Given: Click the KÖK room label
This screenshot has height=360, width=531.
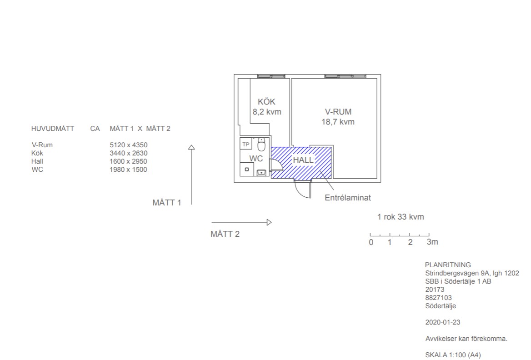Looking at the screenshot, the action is [x=266, y=102].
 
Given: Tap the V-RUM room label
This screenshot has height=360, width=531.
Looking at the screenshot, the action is [x=338, y=112].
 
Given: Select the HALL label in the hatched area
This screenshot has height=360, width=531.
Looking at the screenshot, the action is [x=303, y=160].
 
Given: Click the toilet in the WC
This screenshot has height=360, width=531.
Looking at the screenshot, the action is [x=261, y=144].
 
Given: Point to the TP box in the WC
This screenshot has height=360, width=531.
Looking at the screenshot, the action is [x=246, y=144].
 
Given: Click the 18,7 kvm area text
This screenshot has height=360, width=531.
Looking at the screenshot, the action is [x=338, y=122].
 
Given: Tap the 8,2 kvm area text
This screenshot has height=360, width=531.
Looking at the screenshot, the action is [x=267, y=112].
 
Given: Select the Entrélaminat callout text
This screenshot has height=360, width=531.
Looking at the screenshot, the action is [x=348, y=198].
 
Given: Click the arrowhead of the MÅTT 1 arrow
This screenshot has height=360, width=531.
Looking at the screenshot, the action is [x=191, y=147].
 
